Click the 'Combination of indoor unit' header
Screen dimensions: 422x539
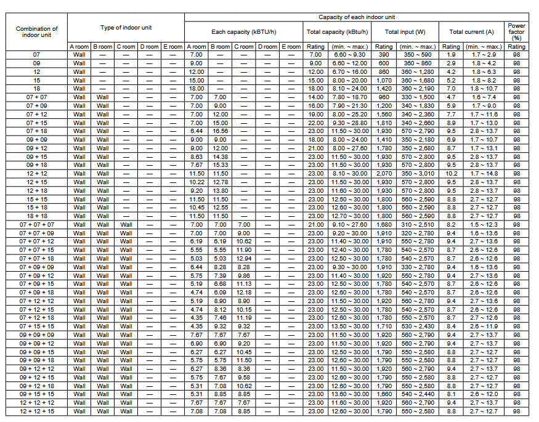pos(37,31)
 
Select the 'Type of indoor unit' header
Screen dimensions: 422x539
pos(126,27)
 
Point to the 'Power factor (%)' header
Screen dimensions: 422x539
pos(516,31)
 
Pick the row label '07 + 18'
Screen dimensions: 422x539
pos(37,131)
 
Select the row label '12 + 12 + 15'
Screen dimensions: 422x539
pos(37,411)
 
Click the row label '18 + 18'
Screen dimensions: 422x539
pos(37,216)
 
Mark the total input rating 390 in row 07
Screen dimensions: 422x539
pos(383,55)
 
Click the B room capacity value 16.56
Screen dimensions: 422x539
pos(220,131)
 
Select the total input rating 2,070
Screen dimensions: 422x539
pos(383,174)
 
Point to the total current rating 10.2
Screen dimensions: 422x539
pos(451,174)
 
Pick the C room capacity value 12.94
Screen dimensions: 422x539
pos(245,259)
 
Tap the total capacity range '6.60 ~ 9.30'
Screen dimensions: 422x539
pos(349,55)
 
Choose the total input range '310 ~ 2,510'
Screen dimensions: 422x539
pos(418,225)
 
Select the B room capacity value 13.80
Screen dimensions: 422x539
pos(220,191)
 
